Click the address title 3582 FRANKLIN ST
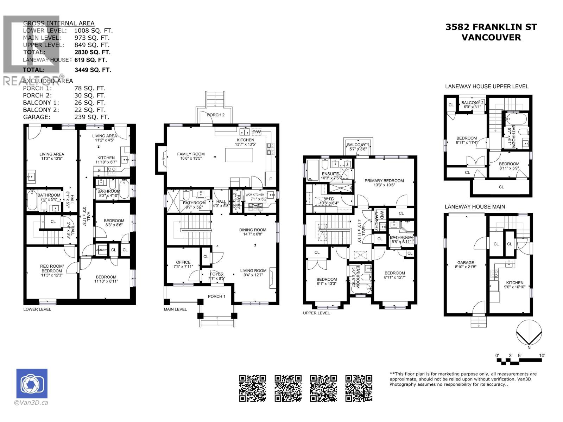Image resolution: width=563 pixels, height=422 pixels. pyautogui.click(x=491, y=27)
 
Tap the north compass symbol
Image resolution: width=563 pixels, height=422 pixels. pyautogui.click(x=529, y=334)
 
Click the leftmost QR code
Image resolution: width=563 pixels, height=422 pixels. pyautogui.click(x=253, y=388)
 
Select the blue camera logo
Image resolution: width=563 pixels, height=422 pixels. pyautogui.click(x=32, y=384)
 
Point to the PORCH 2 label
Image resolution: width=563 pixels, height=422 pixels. pyautogui.click(x=216, y=115)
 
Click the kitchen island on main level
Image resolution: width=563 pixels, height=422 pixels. pyautogui.click(x=239, y=155)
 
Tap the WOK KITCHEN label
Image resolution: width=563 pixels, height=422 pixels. pyautogui.click(x=255, y=194)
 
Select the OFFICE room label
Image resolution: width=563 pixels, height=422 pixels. pyautogui.click(x=183, y=262)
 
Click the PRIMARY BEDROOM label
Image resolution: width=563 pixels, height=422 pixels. pyautogui.click(x=384, y=181)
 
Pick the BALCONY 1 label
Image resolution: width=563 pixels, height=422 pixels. pyautogui.click(x=358, y=145)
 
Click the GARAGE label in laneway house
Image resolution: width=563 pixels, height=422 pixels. pyautogui.click(x=466, y=263)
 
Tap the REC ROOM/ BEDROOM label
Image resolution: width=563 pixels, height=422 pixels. pyautogui.click(x=52, y=269)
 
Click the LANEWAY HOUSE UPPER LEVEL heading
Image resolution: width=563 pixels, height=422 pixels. pyautogui.click(x=487, y=87)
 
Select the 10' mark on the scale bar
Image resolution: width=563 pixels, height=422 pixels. pyautogui.click(x=542, y=356)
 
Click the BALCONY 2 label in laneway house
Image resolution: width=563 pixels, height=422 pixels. pyautogui.click(x=473, y=103)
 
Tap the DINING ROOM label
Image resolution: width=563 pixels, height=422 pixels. pyautogui.click(x=253, y=230)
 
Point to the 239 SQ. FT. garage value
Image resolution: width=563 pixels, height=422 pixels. pyautogui.click(x=92, y=117)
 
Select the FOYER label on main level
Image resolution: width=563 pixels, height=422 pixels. pyautogui.click(x=216, y=274)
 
